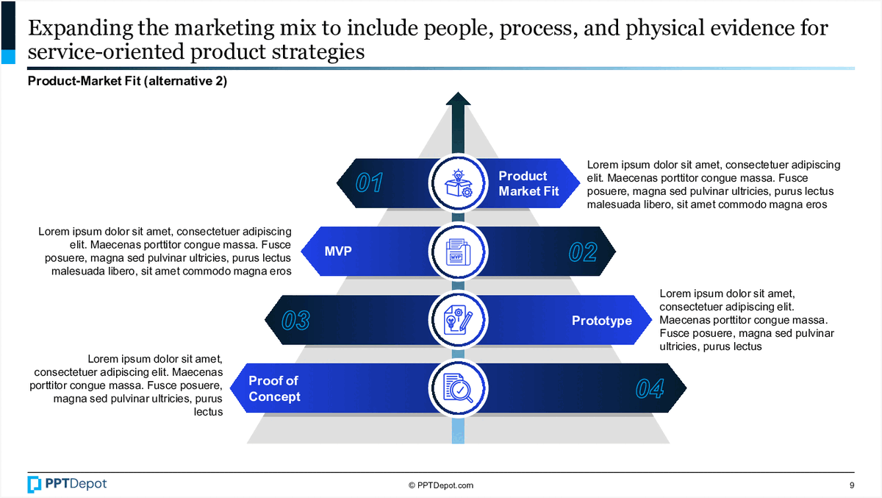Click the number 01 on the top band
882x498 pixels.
pyautogui.click(x=369, y=182)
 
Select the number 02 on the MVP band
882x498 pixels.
pyautogui.click(x=583, y=252)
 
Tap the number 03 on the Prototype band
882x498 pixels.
pyautogui.click(x=295, y=321)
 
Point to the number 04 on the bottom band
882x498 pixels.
pyautogui.click(x=650, y=388)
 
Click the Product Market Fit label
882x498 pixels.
pyautogui.click(x=528, y=183)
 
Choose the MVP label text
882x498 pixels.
pyautogui.click(x=338, y=252)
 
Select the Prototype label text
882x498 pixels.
pyautogui.click(x=602, y=321)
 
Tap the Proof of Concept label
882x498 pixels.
pyautogui.click(x=274, y=388)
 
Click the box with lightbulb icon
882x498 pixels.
pyautogui.click(x=459, y=183)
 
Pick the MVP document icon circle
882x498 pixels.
pyautogui.click(x=459, y=252)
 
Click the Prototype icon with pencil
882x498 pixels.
pyautogui.click(x=459, y=320)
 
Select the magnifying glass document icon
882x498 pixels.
pyautogui.click(x=459, y=388)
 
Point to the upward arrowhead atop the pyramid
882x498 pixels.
pyautogui.click(x=459, y=99)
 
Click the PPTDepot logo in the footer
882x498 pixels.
pyautogui.click(x=67, y=484)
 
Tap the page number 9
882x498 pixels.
pyautogui.click(x=851, y=485)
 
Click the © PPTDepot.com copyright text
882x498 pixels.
pyautogui.click(x=441, y=485)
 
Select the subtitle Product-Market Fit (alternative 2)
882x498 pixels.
pyautogui.click(x=127, y=82)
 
